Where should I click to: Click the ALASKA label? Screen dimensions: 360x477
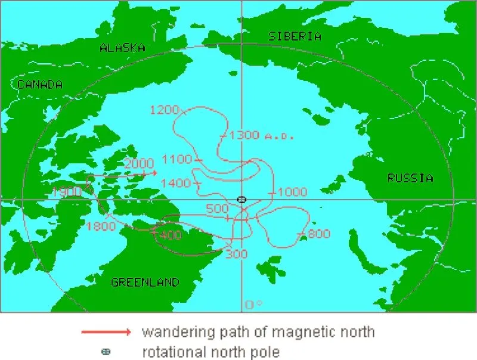coord(122,48)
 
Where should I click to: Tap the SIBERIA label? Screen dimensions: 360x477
coord(295,36)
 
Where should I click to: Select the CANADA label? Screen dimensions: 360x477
coord(39,85)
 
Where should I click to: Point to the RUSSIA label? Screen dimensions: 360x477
coord(410,178)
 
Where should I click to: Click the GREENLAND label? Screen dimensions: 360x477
coord(145,283)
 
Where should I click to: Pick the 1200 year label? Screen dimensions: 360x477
coord(164,110)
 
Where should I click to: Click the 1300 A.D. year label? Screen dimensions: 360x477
coord(262,135)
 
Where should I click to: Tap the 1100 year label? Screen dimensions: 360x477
coord(176,159)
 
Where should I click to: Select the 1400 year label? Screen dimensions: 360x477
coord(176,183)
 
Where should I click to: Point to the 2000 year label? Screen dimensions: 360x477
coord(140,163)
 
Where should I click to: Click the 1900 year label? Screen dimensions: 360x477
coord(66,192)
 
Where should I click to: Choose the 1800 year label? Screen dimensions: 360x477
coord(100,226)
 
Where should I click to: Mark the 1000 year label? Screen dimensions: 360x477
coord(292,192)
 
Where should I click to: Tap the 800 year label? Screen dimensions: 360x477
coord(319,234)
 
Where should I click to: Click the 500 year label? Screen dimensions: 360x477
coord(217,209)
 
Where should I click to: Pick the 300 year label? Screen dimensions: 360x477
coord(236,255)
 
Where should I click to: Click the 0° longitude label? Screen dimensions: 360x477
coord(253,305)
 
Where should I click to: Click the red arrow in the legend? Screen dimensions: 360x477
coord(106,331)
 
